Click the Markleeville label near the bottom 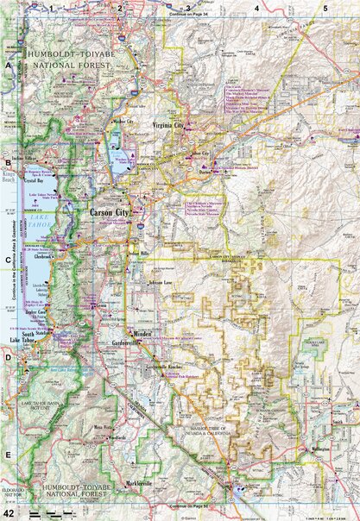coord(138,483)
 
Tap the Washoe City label coord(124,122)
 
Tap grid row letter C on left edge coord(8,258)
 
